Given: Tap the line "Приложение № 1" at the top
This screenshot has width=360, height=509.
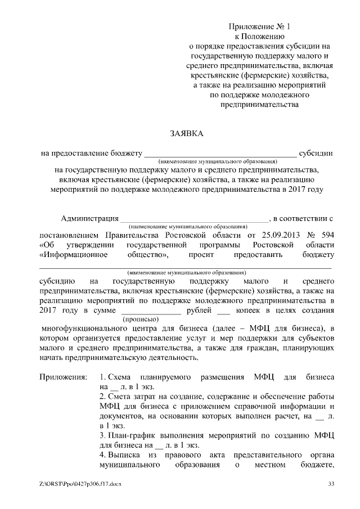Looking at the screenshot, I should pyautogui.click(x=259, y=26).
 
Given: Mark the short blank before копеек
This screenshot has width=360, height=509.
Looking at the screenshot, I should pyautogui.click(x=223, y=312).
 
